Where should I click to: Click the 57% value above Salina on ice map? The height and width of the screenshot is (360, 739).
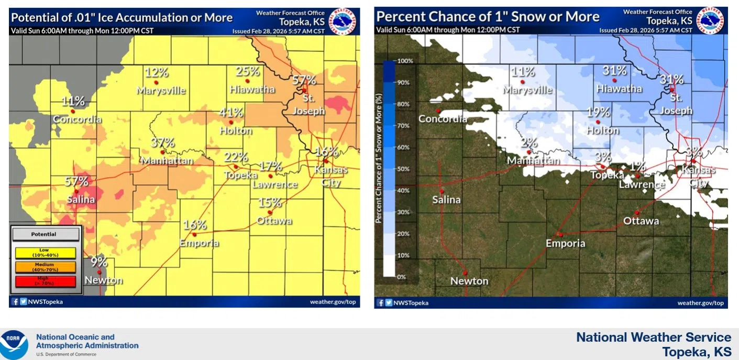76,182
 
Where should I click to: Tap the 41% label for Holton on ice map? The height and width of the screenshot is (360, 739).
231,113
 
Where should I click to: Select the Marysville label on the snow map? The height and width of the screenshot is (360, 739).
527,90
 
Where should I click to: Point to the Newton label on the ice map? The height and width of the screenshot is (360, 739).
103,280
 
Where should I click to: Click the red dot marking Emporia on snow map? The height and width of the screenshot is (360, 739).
560,234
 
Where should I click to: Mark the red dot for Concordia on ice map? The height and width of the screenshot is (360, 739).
73,111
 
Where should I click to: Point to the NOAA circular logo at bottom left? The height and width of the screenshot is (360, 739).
14,344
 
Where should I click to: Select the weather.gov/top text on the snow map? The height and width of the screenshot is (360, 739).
700,303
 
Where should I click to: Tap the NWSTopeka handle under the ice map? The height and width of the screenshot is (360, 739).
45,302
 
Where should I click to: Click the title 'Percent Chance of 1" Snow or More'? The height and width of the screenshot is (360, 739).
488,17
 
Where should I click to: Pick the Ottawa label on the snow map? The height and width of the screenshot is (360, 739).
641,221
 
